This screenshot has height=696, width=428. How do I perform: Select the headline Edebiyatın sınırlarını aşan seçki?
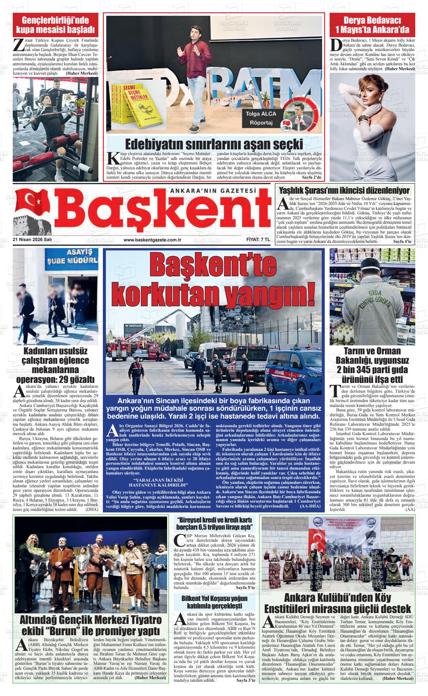pos(214,144)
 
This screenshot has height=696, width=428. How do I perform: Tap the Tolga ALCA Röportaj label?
pos(261,118)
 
